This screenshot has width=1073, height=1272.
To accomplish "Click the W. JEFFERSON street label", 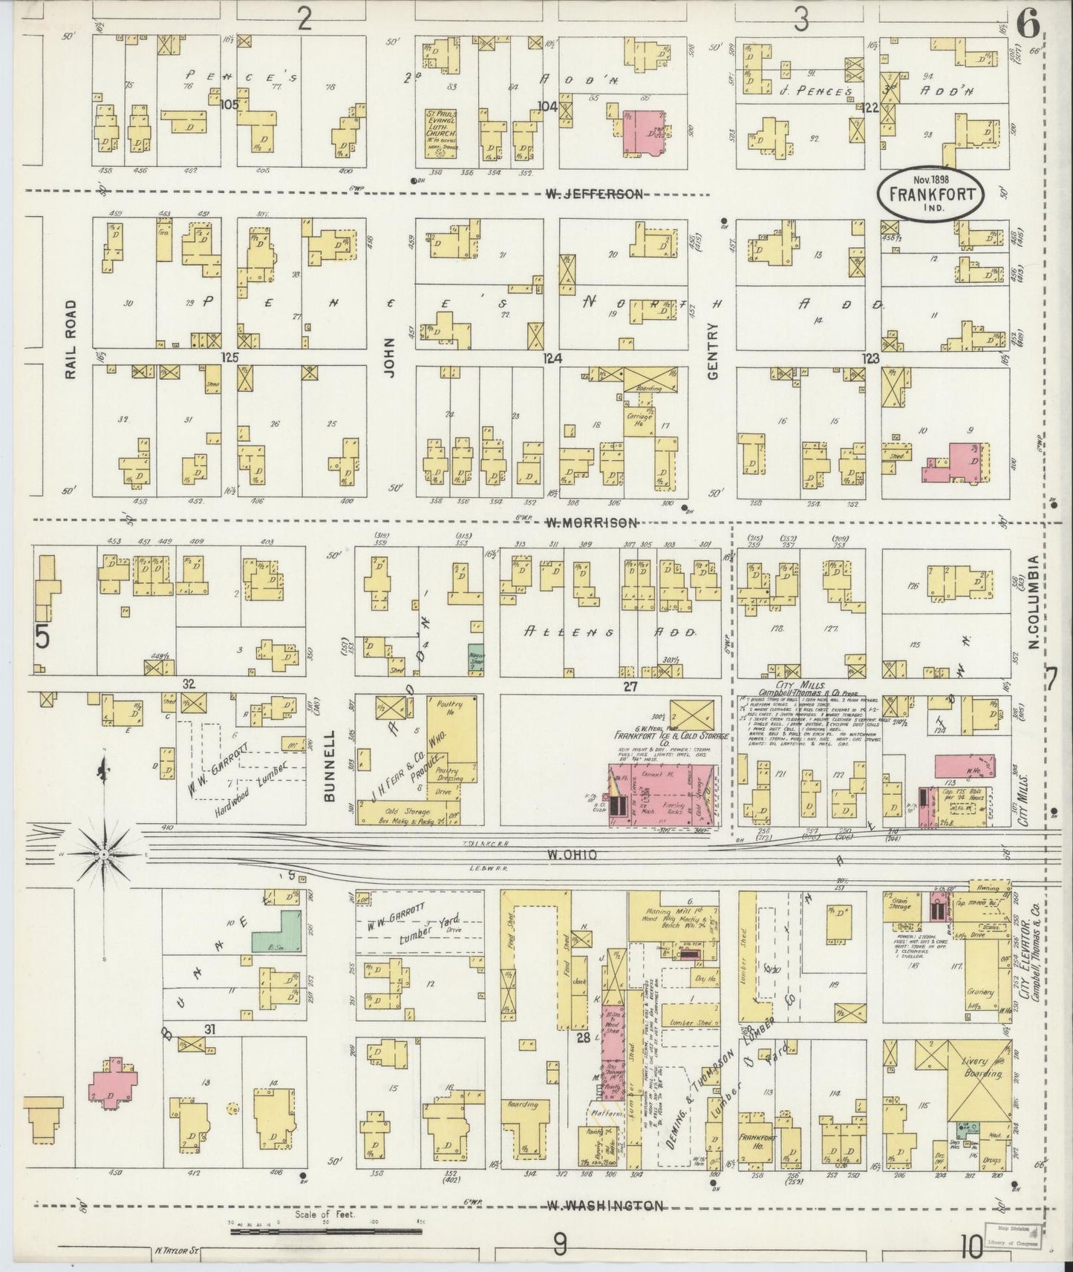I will (x=593, y=194).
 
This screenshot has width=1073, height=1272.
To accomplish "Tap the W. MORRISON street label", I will (x=591, y=523).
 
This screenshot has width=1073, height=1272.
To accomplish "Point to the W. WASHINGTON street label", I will (x=604, y=1206).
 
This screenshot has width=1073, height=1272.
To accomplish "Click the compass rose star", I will (x=104, y=854).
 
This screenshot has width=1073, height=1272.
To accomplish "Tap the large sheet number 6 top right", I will (x=1028, y=24).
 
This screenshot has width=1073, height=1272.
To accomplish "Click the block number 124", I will (x=552, y=358).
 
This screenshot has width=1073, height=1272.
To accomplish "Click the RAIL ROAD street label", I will (x=71, y=339).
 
